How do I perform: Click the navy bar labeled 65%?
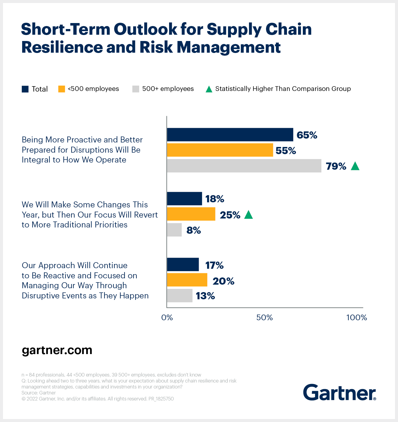230,135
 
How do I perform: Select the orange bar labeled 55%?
220,150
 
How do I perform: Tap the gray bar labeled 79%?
244,166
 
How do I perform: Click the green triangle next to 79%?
355,166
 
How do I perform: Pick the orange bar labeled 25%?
191,214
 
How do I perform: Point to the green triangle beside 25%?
248,215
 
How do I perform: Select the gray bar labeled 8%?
174,230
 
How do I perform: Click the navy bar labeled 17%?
183,265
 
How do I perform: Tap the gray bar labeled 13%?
180,296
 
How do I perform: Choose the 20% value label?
223,281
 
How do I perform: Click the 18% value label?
215,199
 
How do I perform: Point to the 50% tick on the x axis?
265,318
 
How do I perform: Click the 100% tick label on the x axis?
357,318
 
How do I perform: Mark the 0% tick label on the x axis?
167,318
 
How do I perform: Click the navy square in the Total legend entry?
25,89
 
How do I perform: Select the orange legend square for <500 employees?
62,89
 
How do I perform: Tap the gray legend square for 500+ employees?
136,89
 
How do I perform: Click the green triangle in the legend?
209,89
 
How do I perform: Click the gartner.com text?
57,350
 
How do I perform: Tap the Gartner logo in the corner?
339,392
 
